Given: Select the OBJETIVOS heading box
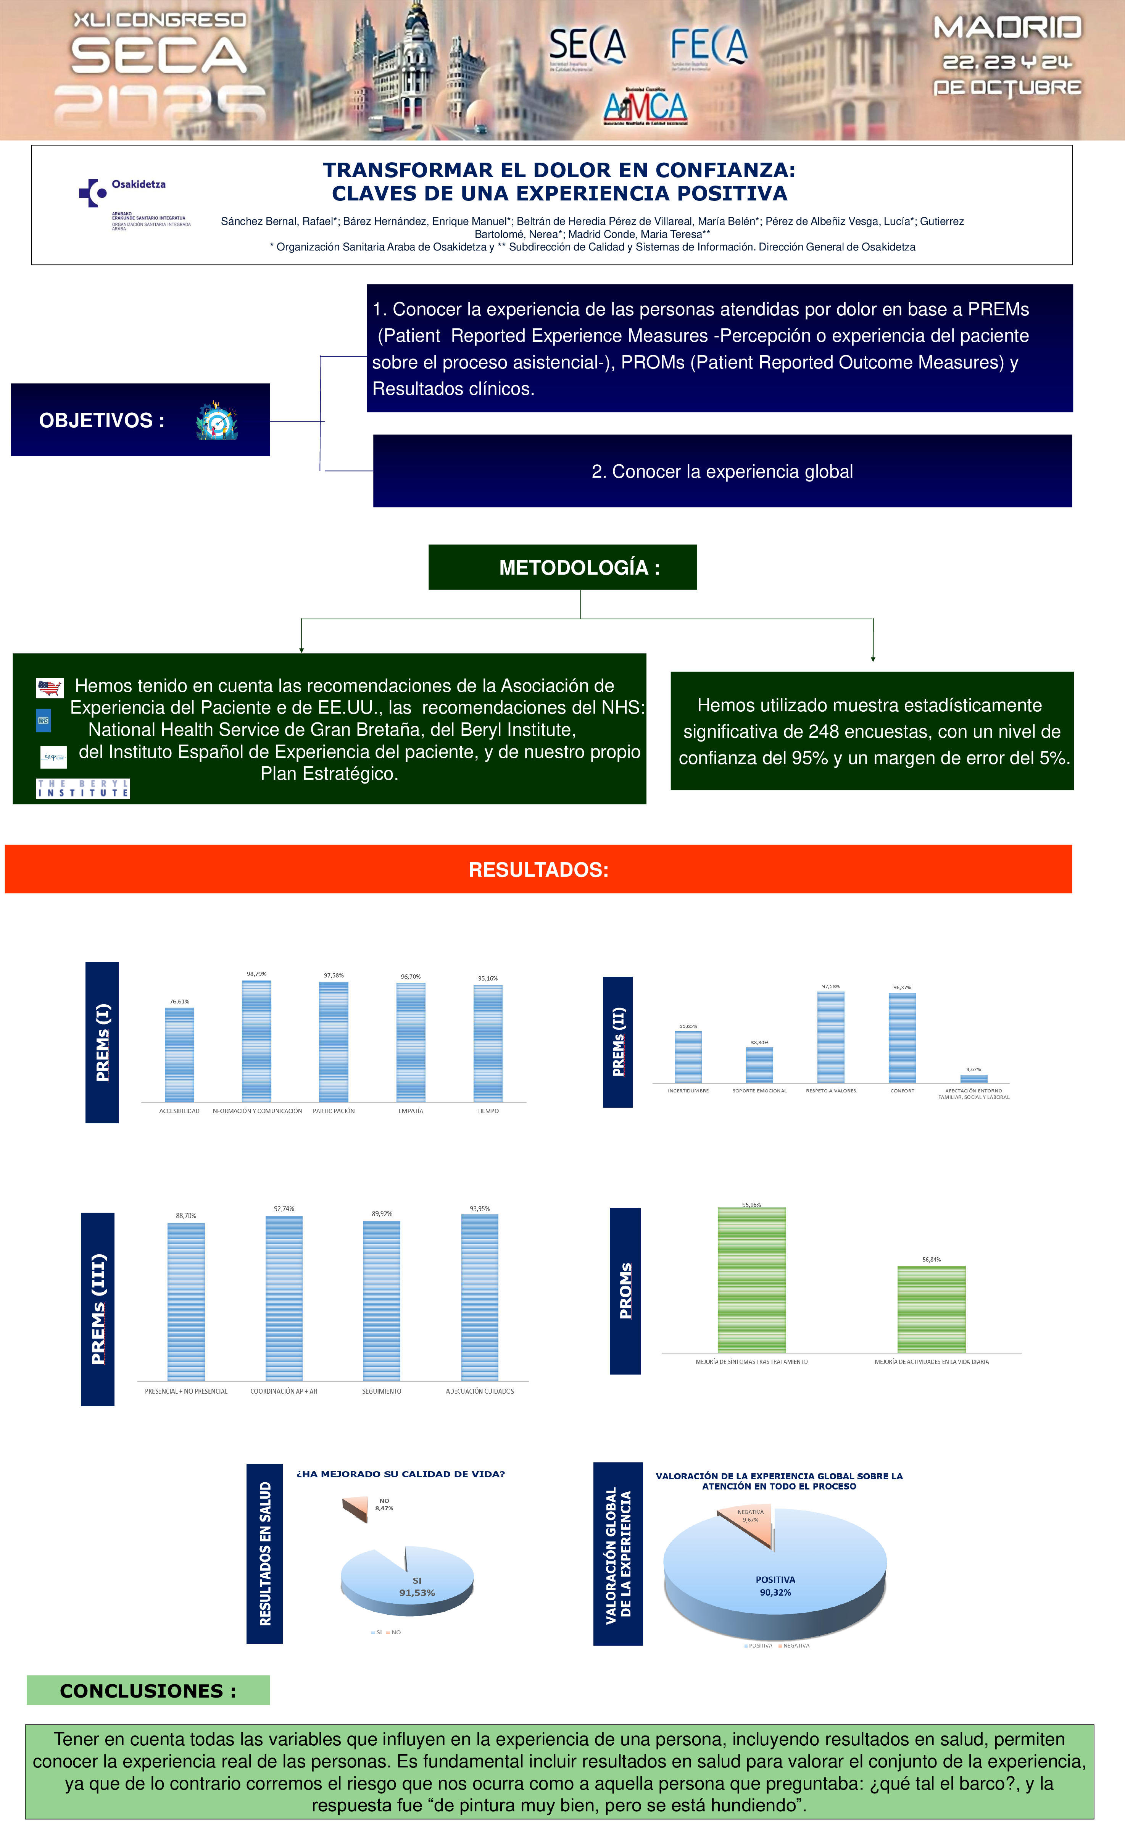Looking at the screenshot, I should [140, 420].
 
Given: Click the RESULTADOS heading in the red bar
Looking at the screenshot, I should [538, 869].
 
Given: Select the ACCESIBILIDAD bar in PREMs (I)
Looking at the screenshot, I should [179, 1055].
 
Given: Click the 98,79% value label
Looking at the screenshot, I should [256, 974].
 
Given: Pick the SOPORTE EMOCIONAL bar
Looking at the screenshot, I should [759, 1065].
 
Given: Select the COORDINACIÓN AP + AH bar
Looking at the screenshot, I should [284, 1298].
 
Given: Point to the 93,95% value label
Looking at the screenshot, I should [479, 1208].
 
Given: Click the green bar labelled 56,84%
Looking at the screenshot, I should [931, 1309].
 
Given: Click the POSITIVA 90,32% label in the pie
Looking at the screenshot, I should [775, 1586].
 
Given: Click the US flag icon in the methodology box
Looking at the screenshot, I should [50, 687].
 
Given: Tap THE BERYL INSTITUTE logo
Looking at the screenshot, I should [83, 788].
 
